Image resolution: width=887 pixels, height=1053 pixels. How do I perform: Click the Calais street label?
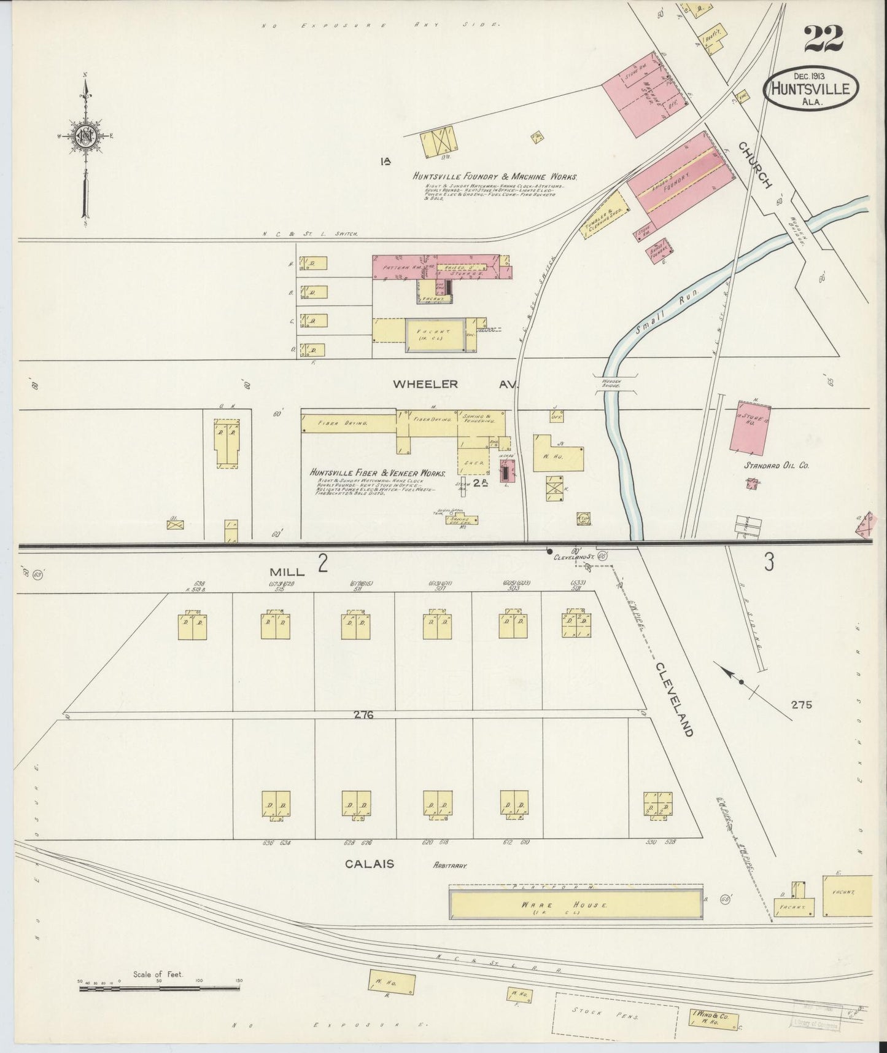coord(369,864)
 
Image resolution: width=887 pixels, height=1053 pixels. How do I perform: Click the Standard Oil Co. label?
coord(777,466)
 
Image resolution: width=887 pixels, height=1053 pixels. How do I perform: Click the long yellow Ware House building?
coord(576,906)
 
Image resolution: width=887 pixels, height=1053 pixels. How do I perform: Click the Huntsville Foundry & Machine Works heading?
coord(495,176)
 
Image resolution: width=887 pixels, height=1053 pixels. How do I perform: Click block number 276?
coord(364,714)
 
